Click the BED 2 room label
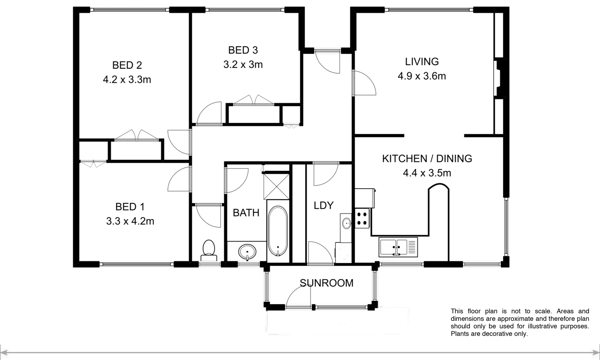(x=127, y=65)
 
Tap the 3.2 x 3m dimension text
(x=243, y=64)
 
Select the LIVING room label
(x=422, y=62)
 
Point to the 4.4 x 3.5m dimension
(x=427, y=173)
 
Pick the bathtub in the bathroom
(x=278, y=231)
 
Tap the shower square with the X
(x=277, y=186)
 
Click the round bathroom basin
(x=247, y=252)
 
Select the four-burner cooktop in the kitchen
(x=362, y=218)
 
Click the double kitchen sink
(x=398, y=247)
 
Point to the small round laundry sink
(x=347, y=223)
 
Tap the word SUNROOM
(x=326, y=283)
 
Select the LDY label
(x=323, y=205)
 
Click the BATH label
(x=246, y=213)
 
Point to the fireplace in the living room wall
(x=500, y=78)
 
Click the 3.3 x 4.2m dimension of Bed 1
(x=130, y=221)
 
